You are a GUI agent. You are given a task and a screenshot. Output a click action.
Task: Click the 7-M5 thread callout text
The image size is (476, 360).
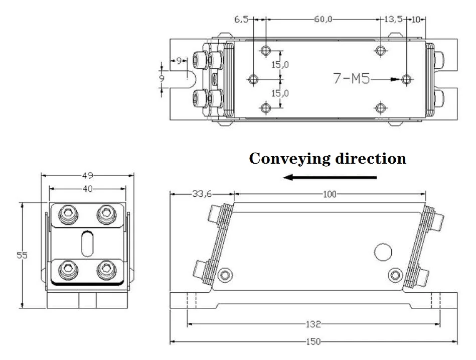[x=352, y=78]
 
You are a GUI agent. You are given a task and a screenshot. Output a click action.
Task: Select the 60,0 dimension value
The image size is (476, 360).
[x=323, y=20]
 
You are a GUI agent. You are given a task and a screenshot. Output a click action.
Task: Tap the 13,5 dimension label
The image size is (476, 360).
[x=393, y=20]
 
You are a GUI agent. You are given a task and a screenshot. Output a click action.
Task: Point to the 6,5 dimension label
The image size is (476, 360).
[x=241, y=20]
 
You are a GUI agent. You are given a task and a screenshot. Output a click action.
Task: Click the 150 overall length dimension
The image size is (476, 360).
[x=313, y=341]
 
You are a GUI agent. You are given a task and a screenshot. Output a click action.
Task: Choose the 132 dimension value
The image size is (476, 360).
[x=313, y=324]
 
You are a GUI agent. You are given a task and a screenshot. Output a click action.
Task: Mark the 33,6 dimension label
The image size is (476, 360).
[x=202, y=193]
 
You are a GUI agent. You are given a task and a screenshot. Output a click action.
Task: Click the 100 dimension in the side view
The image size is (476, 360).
[x=330, y=194]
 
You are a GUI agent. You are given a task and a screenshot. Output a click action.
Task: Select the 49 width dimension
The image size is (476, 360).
[x=87, y=175]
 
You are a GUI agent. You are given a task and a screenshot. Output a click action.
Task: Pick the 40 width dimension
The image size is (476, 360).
[x=87, y=189]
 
